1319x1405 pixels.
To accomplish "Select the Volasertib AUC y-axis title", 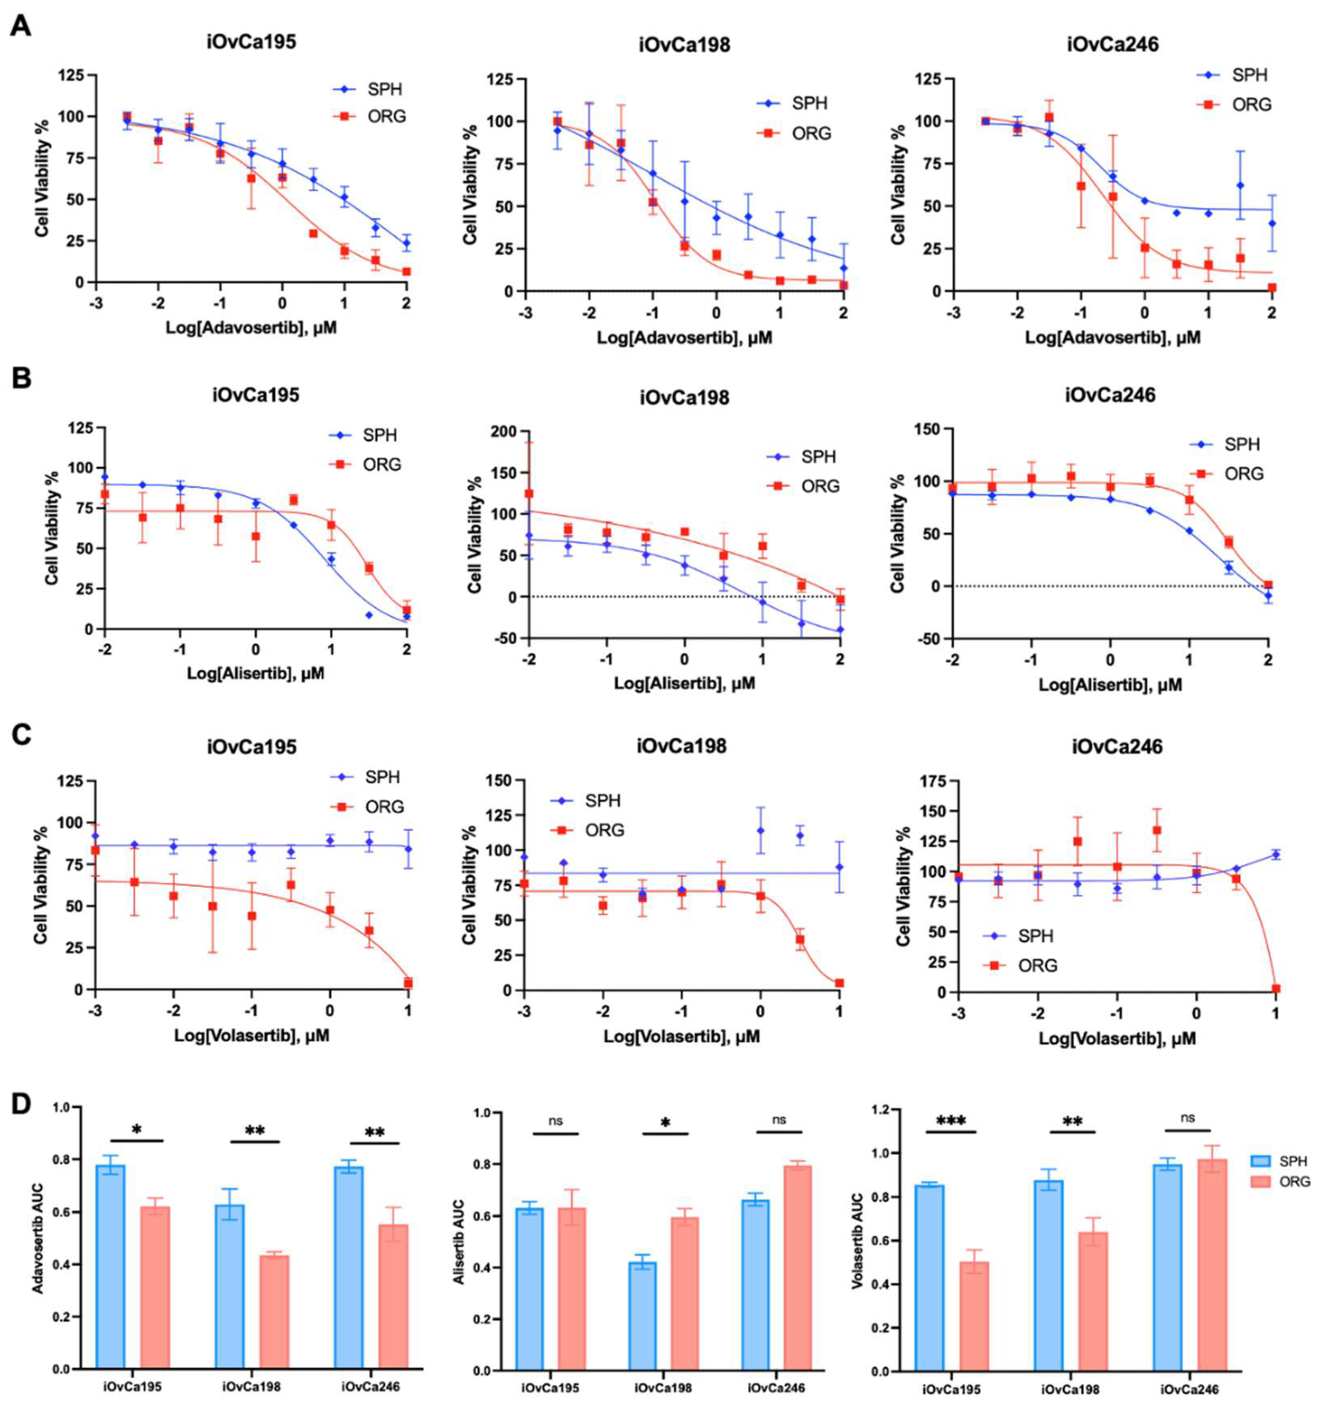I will pyautogui.click(x=857, y=1240).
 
